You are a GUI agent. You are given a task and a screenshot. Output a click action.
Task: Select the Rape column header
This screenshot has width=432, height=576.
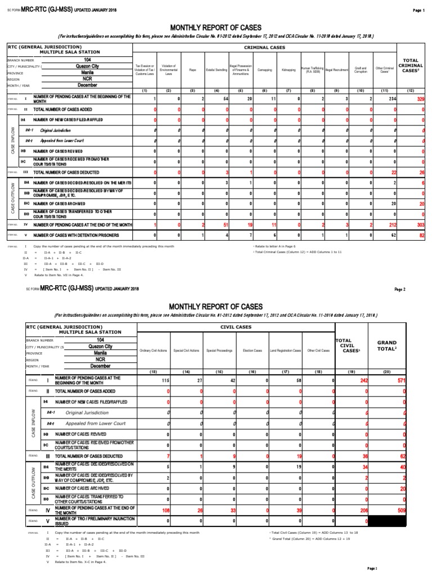[192, 70]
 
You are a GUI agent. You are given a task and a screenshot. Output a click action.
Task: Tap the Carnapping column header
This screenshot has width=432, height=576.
[264, 70]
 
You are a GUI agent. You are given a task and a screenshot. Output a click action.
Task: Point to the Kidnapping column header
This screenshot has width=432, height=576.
[288, 70]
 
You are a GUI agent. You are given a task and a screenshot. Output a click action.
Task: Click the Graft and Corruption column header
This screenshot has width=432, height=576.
[361, 70]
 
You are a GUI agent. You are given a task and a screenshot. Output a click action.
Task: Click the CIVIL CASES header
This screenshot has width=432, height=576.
[236, 327]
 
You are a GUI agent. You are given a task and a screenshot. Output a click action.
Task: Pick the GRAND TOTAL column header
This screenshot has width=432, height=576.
[388, 345]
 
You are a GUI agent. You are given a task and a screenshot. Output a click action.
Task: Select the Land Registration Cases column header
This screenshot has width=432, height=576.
[285, 350]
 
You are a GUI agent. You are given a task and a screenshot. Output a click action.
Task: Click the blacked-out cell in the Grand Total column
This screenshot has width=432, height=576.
[388, 521]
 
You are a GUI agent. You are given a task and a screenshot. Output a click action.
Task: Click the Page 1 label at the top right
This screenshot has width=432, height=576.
[419, 10]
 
